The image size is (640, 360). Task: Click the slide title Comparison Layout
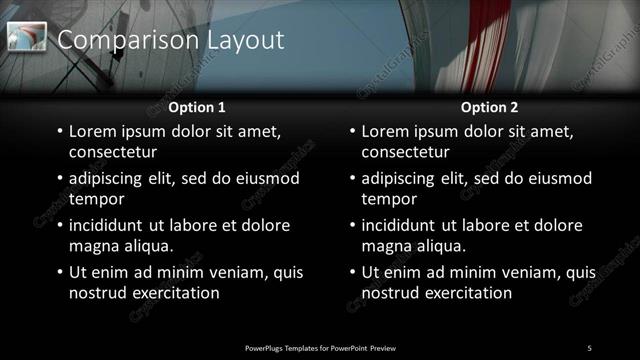(171, 40)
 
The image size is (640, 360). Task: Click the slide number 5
(589, 347)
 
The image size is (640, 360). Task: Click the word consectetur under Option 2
(405, 153)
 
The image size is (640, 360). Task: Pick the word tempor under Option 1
(93, 199)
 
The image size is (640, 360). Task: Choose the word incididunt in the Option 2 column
(403, 225)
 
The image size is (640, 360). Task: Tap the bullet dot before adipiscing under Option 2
(353, 179)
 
